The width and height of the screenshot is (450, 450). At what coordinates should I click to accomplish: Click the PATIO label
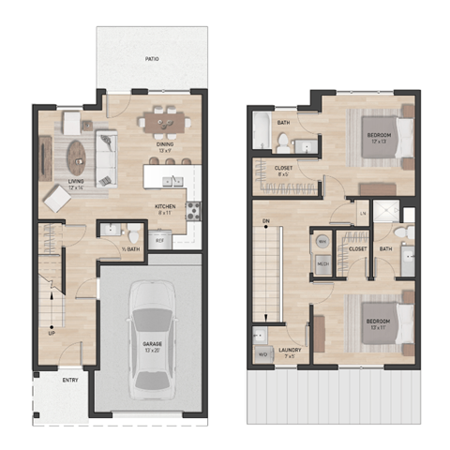152,59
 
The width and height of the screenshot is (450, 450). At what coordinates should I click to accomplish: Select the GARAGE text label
151,343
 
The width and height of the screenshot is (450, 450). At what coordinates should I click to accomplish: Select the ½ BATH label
131,248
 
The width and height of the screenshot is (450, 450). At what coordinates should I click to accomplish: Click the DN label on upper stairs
266,222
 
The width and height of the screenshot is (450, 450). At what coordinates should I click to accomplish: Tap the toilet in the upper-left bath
281,143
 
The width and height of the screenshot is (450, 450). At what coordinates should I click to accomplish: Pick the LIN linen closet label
362,213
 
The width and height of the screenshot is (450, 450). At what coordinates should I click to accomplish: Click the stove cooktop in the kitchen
193,210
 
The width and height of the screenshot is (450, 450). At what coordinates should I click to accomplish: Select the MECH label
322,264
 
